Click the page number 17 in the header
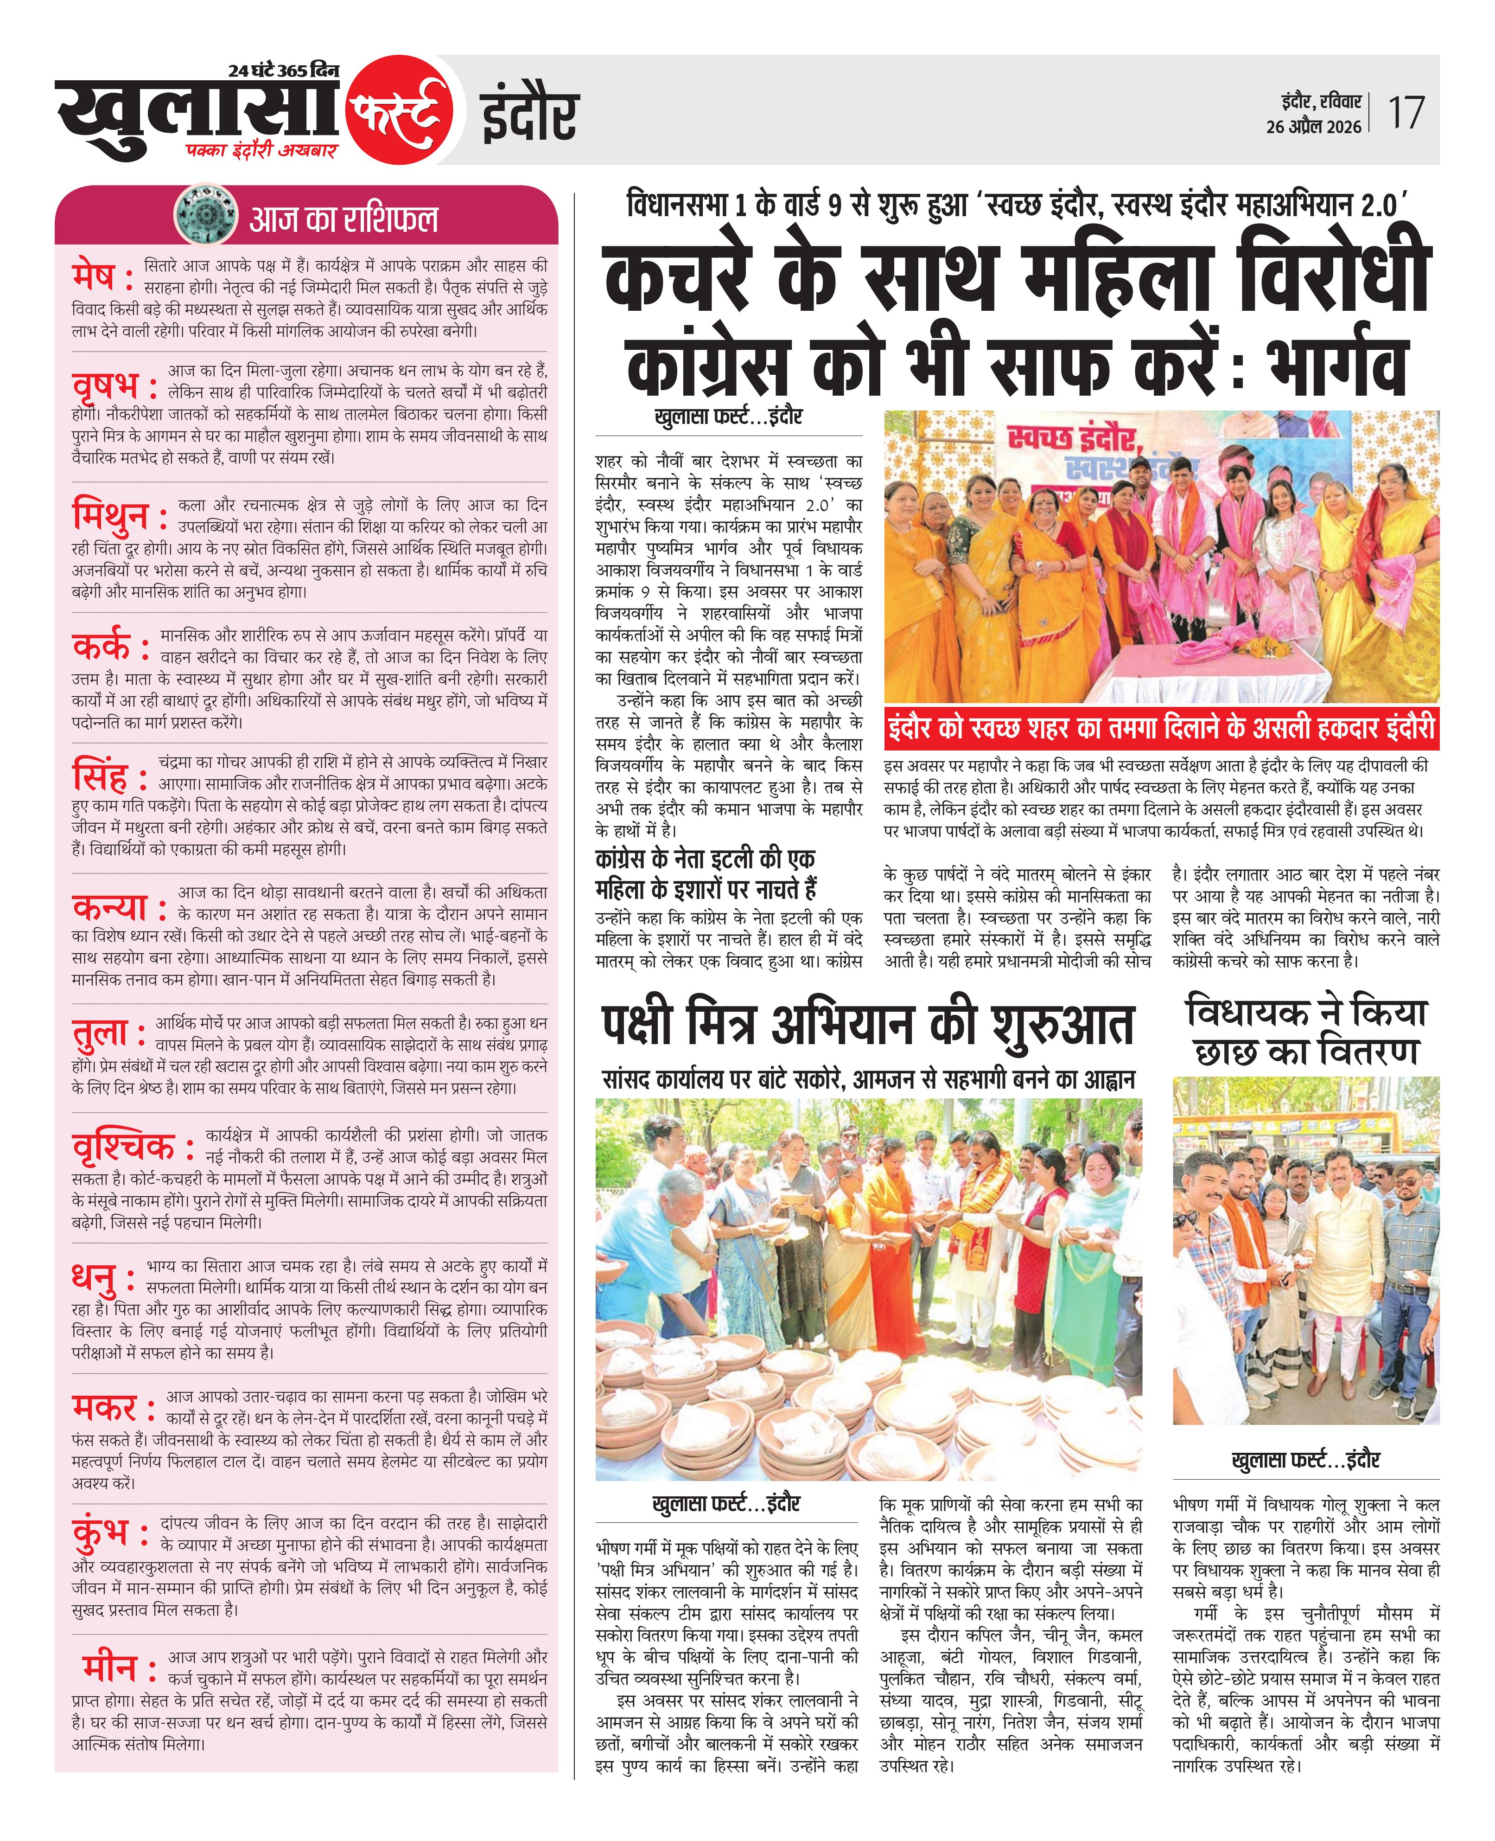[1406, 113]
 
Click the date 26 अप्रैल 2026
[1313, 127]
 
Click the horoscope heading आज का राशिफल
[344, 219]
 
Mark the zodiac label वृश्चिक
[125, 1147]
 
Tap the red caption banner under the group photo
[1161, 728]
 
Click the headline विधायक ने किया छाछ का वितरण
[1305, 1031]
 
